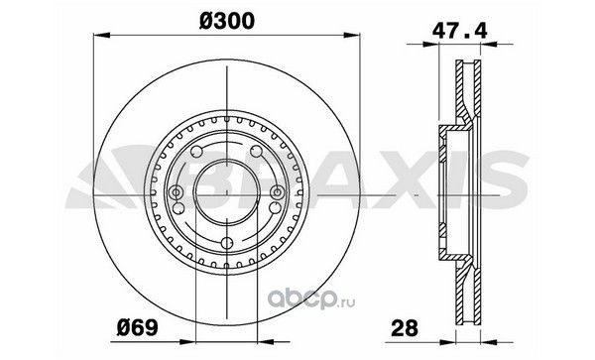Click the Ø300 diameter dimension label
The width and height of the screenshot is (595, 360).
pos(226,21)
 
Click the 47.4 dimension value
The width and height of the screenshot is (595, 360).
pos(459,31)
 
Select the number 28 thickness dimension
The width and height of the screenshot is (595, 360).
pos(405,327)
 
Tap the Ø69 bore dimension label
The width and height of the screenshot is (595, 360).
pos(138,327)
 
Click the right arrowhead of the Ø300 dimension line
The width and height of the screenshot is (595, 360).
pos(351,36)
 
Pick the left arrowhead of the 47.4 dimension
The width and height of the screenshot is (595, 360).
pos(430,45)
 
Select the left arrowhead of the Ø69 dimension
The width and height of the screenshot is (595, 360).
pos(187,342)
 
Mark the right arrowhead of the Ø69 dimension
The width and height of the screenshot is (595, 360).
pos(266,342)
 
